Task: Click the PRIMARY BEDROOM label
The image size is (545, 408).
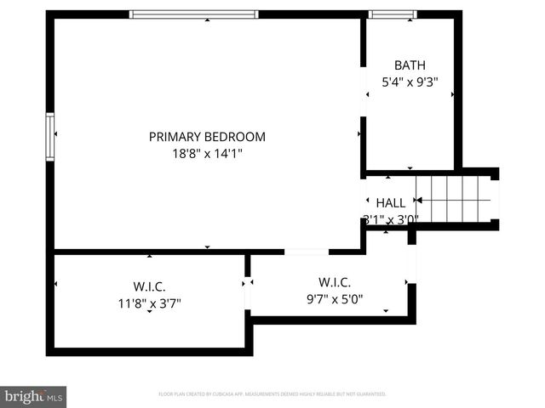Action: pyautogui.click(x=207, y=136)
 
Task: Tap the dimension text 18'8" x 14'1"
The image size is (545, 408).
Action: pyautogui.click(x=207, y=154)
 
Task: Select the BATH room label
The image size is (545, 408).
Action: pyautogui.click(x=409, y=65)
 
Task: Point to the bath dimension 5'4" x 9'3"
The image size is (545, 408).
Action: pyautogui.click(x=409, y=82)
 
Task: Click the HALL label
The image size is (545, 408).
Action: pyautogui.click(x=391, y=203)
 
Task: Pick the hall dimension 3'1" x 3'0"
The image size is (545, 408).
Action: pyautogui.click(x=391, y=218)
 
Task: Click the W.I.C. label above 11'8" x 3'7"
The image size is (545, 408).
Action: pyautogui.click(x=149, y=286)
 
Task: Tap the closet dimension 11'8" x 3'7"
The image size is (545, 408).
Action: pyautogui.click(x=149, y=302)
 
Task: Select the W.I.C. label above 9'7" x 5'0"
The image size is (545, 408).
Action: pyautogui.click(x=335, y=282)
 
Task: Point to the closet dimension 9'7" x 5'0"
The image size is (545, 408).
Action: pyautogui.click(x=335, y=298)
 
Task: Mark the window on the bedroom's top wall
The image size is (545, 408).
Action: pyautogui.click(x=193, y=14)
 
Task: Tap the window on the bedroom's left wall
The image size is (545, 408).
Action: pyautogui.click(x=51, y=136)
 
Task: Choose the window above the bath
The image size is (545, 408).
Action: pyautogui.click(x=393, y=14)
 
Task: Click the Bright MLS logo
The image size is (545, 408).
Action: pyautogui.click(x=34, y=396)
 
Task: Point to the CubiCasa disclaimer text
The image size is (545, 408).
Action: pyautogui.click(x=272, y=394)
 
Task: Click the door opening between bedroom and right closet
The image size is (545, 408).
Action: pyautogui.click(x=307, y=252)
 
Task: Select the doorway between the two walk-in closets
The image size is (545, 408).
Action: pyautogui.click(x=249, y=292)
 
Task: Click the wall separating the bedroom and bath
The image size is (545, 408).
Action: pyautogui.click(x=362, y=93)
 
